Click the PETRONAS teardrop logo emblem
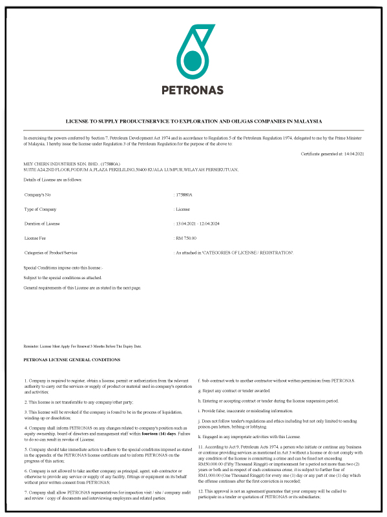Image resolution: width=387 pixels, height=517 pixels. [x=193, y=52]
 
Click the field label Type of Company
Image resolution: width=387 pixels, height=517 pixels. [x=40, y=209]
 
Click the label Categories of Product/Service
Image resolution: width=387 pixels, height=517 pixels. [x=51, y=252]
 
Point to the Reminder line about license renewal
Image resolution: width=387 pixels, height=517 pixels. [x=82, y=346]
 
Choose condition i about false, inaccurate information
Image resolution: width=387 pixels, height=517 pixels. [x=246, y=411]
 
